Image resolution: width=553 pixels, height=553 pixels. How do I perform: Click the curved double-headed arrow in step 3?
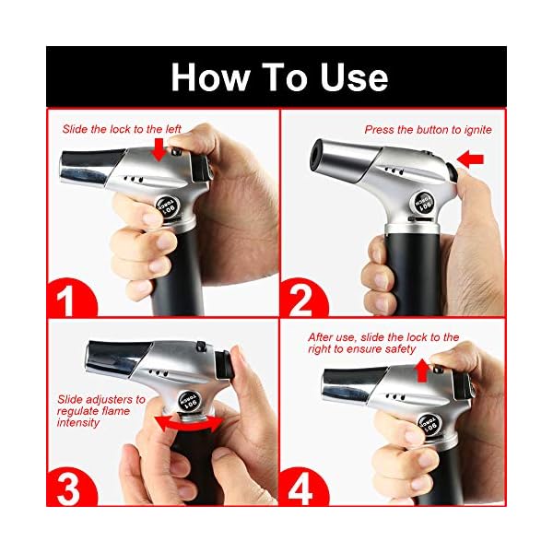tap(188, 422)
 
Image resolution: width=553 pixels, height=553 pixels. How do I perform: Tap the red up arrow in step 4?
tap(421, 370)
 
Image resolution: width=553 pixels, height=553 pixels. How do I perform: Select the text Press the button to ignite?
tap(428, 130)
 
